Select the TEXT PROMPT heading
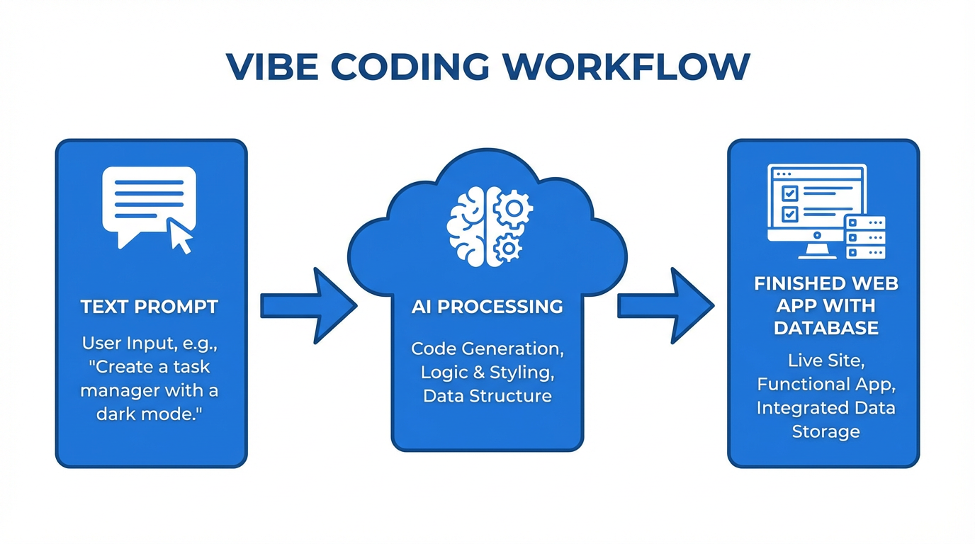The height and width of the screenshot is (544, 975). coord(150,307)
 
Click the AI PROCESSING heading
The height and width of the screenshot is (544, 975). coord(487,307)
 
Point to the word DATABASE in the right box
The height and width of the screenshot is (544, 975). coord(826,328)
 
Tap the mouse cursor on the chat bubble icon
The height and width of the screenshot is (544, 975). coord(179,236)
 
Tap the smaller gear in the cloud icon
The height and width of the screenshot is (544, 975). coord(507,248)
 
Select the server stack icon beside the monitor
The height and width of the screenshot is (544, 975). coord(865,237)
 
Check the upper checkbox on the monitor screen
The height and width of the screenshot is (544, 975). coord(789,193)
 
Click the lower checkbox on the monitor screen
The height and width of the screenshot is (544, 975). coord(789,213)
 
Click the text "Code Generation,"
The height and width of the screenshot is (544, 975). coord(487,348)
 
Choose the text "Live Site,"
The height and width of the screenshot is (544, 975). coord(826,361)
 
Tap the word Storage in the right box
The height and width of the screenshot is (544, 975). coord(826,431)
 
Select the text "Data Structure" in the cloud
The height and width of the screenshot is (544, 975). coord(487,395)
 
